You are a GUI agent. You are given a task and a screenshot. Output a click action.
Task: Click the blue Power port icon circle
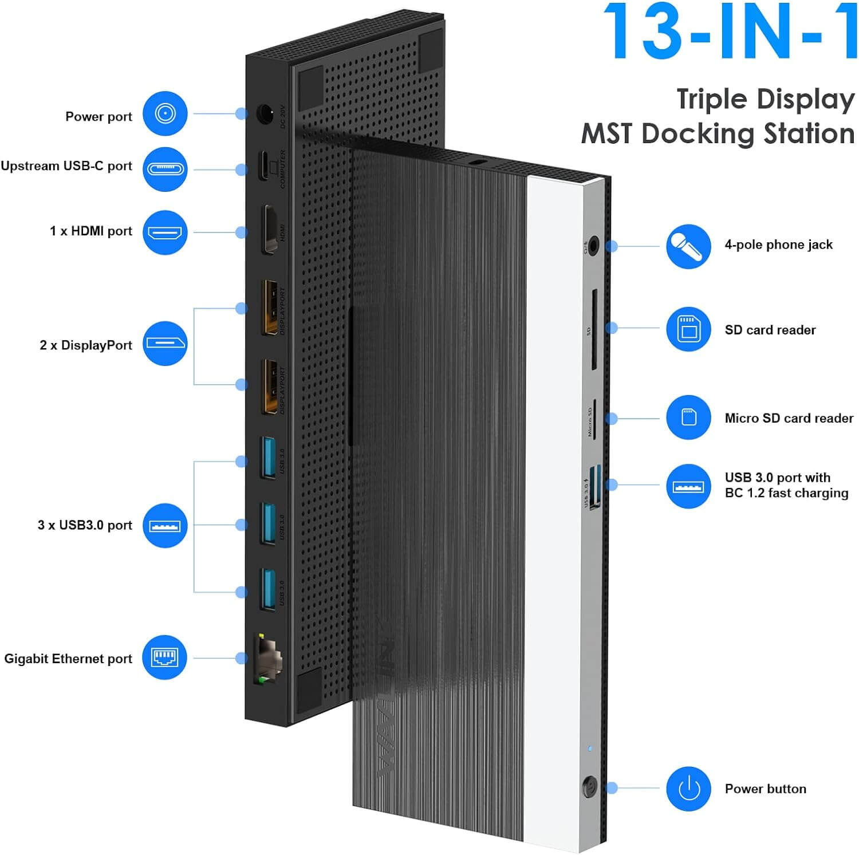pos(165,113)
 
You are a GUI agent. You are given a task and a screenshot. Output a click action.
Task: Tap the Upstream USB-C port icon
pos(165,169)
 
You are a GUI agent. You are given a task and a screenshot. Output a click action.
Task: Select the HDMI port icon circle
pos(165,233)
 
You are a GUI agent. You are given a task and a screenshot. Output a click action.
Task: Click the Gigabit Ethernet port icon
pos(165,657)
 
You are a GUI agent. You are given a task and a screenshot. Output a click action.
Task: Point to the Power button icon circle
pos(688,789)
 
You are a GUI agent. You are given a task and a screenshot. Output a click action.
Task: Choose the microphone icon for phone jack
pos(688,246)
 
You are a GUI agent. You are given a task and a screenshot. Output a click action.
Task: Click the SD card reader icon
pos(688,329)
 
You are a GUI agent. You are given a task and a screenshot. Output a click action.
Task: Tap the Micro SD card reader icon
pos(688,417)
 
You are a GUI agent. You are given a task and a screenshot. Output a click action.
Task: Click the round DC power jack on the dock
pos(265,115)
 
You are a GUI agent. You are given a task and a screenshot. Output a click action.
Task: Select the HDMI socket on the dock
pos(269,229)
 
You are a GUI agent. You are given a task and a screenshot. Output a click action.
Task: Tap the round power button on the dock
pos(589,787)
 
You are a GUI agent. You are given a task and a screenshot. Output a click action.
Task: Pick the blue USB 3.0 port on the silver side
pos(595,486)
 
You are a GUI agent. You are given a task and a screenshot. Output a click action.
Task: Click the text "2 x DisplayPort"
pos(86,345)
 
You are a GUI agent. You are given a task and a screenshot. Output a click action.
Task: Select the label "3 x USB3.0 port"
pos(85,525)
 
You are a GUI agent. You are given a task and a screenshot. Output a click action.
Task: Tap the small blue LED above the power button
pos(590,748)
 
